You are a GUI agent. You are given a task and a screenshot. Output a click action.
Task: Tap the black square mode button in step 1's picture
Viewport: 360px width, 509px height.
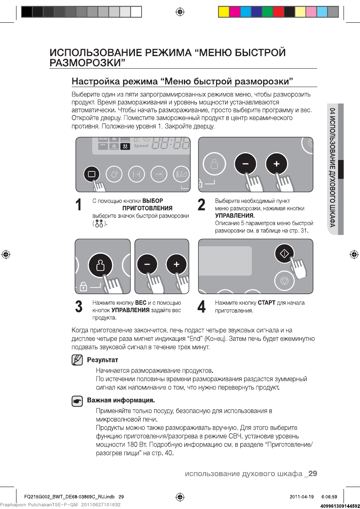click(x=91, y=174)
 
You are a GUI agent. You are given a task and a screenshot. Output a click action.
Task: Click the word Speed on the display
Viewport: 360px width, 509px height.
click(x=141, y=145)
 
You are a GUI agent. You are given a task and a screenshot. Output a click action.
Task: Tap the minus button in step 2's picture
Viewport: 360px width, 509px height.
click(x=244, y=163)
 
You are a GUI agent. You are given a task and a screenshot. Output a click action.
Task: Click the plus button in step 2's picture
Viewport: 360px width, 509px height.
click(x=276, y=163)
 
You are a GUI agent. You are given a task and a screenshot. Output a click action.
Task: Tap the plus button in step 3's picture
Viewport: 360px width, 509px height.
click(x=176, y=265)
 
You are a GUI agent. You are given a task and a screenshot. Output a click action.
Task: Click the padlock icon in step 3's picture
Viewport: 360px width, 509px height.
click(x=83, y=288)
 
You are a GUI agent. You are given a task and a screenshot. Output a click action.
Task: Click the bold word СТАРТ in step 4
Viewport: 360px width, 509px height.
click(x=267, y=303)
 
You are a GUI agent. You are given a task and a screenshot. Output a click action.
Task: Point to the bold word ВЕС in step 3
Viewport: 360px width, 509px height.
click(x=140, y=303)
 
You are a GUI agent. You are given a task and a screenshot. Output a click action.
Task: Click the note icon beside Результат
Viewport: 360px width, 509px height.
click(x=77, y=360)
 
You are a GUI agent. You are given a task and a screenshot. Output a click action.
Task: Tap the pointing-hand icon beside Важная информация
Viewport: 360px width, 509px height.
click(x=77, y=401)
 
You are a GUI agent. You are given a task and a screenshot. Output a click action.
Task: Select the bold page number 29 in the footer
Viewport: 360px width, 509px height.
click(x=313, y=474)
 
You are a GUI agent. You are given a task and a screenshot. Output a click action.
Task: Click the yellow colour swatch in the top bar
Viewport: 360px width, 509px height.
click(x=224, y=12)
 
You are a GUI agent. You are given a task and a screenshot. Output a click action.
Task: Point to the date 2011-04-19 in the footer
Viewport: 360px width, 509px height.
click(x=302, y=496)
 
